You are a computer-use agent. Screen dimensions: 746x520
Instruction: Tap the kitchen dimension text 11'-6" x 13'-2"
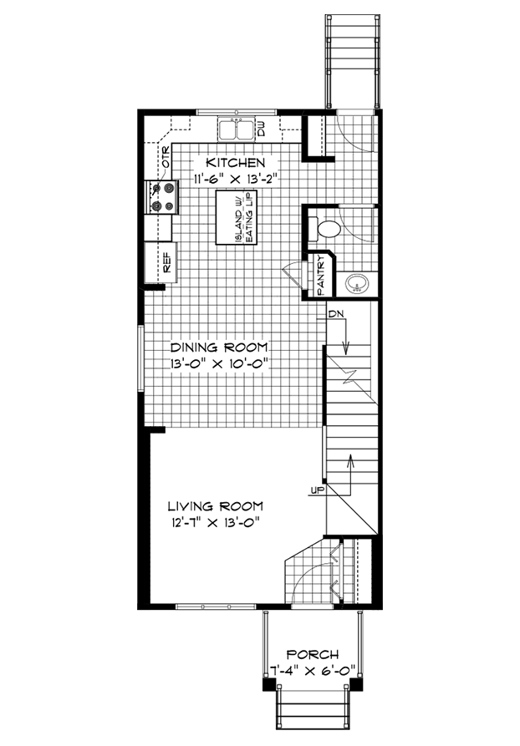235,179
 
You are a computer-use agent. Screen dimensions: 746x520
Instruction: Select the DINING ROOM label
219,347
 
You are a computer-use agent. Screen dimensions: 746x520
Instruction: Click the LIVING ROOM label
215,506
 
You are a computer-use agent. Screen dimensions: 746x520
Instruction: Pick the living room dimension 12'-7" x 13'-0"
215,523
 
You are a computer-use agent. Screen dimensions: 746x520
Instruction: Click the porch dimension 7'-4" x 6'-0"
313,669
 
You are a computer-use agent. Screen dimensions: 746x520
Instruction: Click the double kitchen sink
236,129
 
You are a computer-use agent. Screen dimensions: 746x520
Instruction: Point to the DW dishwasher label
261,129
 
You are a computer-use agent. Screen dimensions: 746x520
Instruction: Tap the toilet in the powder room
325,228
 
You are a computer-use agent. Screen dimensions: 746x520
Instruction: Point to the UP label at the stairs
317,490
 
